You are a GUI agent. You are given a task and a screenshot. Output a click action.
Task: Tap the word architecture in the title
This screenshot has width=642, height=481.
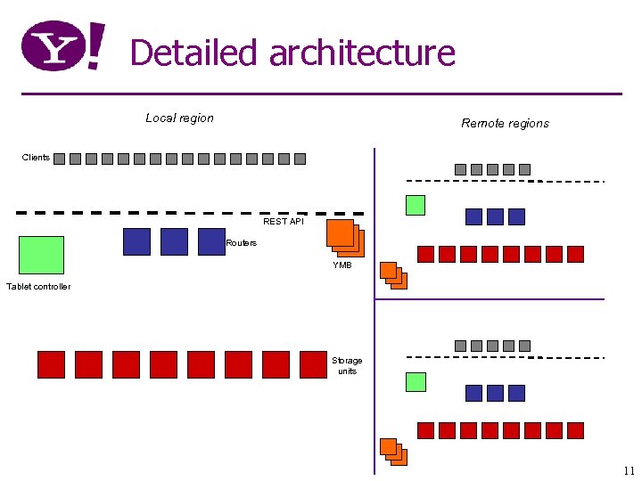(x=362, y=53)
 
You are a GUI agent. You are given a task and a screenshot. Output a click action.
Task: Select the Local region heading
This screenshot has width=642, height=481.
(x=179, y=118)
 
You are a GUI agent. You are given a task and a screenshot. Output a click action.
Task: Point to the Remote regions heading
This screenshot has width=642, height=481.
(x=505, y=123)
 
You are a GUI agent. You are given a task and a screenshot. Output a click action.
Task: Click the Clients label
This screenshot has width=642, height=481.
(x=36, y=158)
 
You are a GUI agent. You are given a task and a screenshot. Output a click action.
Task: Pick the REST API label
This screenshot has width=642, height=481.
(x=283, y=221)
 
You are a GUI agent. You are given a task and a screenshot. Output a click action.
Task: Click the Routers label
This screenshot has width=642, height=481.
(x=241, y=242)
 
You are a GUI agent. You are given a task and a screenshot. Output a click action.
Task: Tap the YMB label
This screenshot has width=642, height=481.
(x=342, y=265)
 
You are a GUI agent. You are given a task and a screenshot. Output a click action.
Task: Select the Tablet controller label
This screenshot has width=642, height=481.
(x=38, y=286)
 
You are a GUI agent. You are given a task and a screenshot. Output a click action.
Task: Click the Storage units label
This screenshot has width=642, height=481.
(x=347, y=365)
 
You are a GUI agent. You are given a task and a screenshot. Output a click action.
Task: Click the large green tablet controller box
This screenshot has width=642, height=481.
(x=41, y=255)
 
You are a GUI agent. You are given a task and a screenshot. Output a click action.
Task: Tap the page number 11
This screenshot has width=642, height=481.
(x=630, y=470)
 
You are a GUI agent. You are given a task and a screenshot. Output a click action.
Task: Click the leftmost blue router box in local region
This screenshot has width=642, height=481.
(x=136, y=241)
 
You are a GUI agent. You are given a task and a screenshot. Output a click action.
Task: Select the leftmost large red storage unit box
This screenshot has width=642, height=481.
(x=51, y=364)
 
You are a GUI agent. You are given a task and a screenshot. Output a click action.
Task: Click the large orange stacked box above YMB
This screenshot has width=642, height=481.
(x=344, y=237)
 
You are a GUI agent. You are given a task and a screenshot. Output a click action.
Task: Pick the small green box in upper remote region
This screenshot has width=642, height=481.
(x=416, y=205)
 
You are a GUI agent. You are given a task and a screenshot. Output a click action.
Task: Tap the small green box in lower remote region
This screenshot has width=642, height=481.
(x=416, y=382)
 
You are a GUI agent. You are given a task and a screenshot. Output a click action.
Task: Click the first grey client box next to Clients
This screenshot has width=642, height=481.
(x=59, y=159)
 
